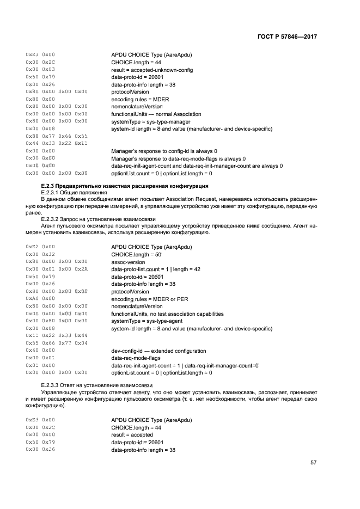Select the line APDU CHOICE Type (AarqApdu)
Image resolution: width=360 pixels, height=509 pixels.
[x=151, y=247]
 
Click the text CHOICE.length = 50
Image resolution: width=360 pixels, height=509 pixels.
[x=136, y=254]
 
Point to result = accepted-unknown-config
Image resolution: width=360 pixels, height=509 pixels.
[x=152, y=70]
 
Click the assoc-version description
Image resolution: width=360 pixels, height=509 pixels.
[x=128, y=262]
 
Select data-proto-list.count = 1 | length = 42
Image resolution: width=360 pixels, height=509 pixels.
[x=156, y=269]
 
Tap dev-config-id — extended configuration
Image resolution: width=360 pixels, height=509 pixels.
[x=158, y=351]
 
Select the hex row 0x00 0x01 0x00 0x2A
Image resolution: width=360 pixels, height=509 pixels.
[x=57, y=269]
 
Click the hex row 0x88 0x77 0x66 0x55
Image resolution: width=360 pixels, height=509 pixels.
[x=57, y=136]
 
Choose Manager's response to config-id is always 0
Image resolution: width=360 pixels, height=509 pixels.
[x=164, y=151]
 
